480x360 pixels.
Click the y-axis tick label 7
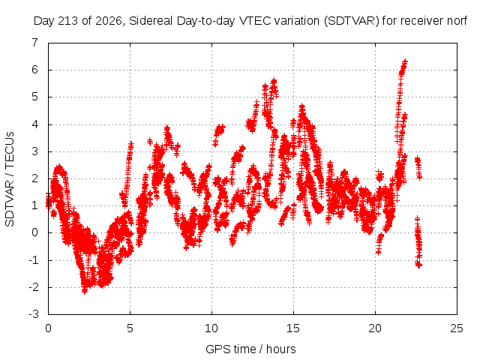[x=35, y=43]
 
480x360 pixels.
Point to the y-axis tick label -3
[x=34, y=314]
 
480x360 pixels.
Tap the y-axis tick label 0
[x=35, y=232]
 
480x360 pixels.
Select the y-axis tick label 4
[x=35, y=124]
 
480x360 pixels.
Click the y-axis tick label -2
[x=34, y=287]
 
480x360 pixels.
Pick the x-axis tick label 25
[x=457, y=328]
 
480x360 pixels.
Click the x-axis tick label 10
[x=211, y=328]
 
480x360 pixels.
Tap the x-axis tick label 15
[x=293, y=328]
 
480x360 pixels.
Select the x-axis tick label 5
[x=130, y=328]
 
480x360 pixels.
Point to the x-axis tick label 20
[x=375, y=328]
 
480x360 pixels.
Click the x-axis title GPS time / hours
[x=250, y=349]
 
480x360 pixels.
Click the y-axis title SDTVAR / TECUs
[x=10, y=179]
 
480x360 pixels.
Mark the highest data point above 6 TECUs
[x=405, y=61]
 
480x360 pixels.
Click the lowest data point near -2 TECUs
[x=85, y=291]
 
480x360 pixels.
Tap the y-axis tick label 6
[x=35, y=70]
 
